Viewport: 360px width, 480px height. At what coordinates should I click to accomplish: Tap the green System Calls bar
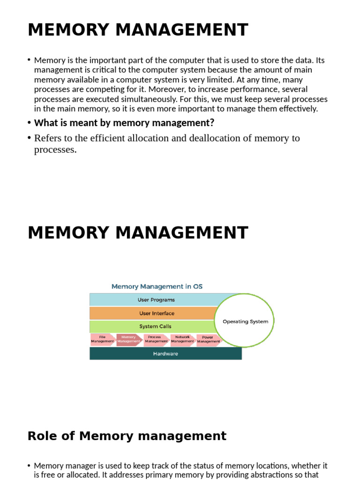155,326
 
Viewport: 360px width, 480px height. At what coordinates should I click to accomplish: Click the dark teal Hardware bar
165,354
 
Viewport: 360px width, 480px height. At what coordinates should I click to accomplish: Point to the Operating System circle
245,322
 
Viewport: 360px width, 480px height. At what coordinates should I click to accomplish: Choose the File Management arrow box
102,339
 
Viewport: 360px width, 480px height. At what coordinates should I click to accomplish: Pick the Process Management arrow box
156,339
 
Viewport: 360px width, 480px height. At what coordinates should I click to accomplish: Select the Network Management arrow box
182,339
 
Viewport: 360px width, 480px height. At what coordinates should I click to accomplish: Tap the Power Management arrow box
208,339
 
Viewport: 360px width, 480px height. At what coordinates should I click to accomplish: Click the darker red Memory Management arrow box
129,339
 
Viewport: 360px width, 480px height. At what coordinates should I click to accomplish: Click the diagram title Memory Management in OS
157,286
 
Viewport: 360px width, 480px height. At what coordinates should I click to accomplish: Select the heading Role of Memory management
127,436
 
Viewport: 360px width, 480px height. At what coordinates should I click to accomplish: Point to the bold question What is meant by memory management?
124,123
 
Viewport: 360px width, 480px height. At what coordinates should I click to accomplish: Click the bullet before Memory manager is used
29,465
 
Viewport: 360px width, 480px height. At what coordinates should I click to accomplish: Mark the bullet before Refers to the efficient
29,138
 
